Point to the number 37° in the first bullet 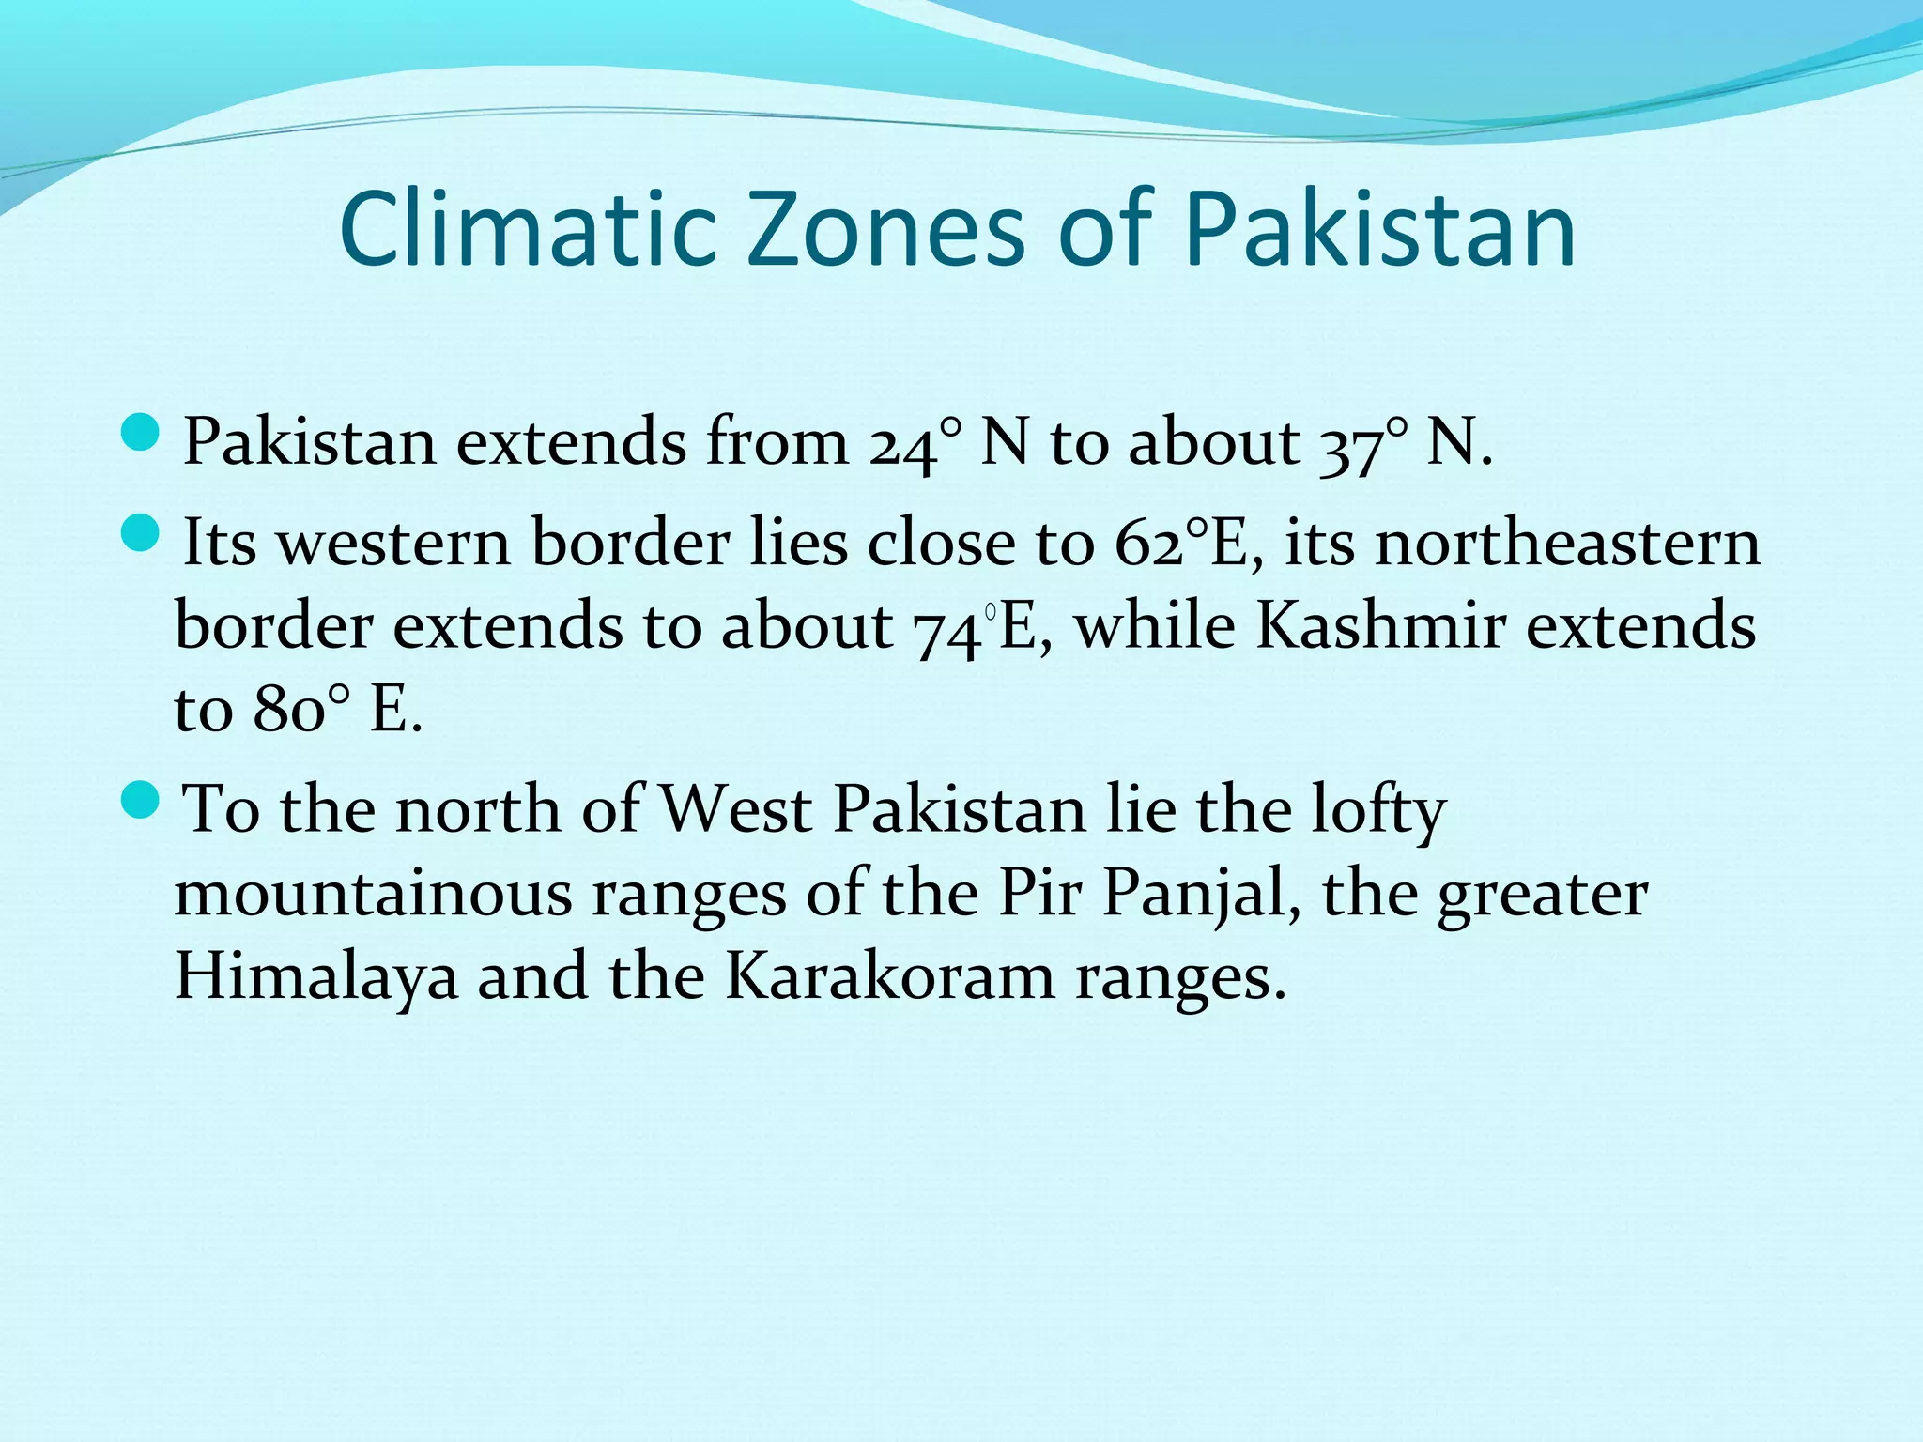pos(1363,442)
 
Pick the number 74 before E pos(946,627)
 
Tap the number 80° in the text pos(300,710)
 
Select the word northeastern pos(1567,544)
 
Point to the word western pos(394,544)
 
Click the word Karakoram pos(889,976)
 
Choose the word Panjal pos(1201,893)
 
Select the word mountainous pos(373,893)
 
